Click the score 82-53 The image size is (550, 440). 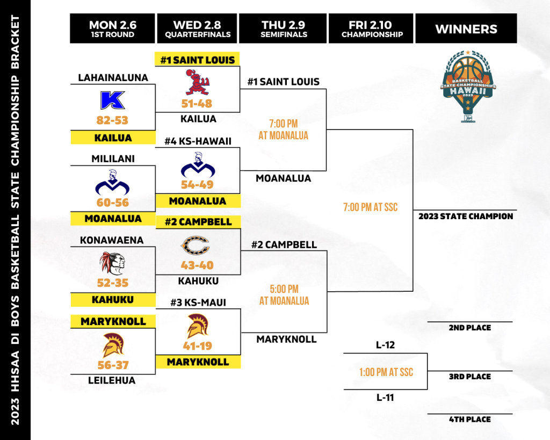tap(112, 120)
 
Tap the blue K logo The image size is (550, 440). tap(112, 100)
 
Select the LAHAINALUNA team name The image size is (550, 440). tap(113, 77)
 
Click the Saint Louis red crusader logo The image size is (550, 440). tap(197, 82)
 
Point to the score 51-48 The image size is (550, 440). tap(197, 104)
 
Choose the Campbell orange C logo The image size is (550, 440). tap(195, 246)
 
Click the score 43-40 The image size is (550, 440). tap(197, 265)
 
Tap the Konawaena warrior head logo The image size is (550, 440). tap(112, 263)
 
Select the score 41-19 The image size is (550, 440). tap(198, 346)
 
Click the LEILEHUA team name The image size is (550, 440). tap(112, 380)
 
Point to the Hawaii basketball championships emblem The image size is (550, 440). tap(468, 86)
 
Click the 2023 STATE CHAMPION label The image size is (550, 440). tap(466, 216)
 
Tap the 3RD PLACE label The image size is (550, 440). tap(470, 377)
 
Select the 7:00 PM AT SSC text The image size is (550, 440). tap(371, 207)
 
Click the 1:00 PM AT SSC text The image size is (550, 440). tap(386, 372)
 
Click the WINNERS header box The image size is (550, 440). tap(466, 28)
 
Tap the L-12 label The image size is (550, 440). tap(385, 345)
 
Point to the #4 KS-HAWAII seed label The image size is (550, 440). tap(198, 141)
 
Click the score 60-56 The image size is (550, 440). tap(113, 203)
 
